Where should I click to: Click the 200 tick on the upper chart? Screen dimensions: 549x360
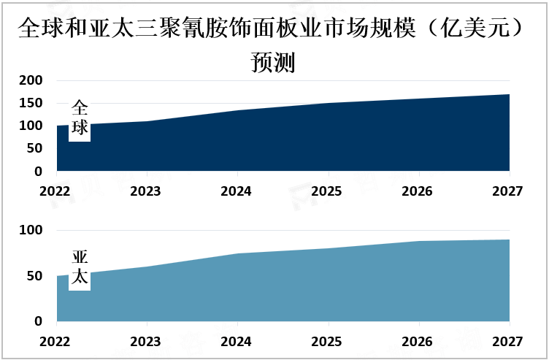31,80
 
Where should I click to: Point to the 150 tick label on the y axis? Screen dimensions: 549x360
31,103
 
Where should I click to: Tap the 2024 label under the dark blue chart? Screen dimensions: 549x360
236,191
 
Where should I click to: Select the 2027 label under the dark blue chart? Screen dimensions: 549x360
507,191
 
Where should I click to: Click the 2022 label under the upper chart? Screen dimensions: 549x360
55,191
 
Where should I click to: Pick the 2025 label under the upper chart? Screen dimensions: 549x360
326,191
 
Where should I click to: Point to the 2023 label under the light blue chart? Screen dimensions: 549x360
145,342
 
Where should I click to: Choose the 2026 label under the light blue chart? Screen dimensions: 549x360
417,342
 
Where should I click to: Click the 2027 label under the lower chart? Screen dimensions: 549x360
507,342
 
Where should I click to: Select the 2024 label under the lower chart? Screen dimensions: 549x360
236,342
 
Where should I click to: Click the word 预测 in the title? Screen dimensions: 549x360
273,62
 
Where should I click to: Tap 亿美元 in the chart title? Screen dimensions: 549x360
475,28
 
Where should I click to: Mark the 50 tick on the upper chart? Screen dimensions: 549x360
34,148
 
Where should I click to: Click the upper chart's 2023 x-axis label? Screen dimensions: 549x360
145,191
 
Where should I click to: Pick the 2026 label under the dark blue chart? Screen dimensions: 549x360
417,191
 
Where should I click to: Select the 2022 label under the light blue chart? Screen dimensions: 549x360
55,342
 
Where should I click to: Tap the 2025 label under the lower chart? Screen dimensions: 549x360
326,342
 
